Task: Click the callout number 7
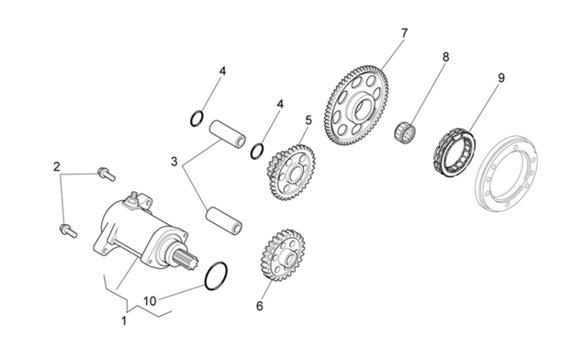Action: tap(404, 33)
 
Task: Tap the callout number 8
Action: tap(445, 57)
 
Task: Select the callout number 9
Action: tap(501, 78)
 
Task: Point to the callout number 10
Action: tap(150, 301)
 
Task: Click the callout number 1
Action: tap(124, 321)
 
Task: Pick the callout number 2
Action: tap(57, 166)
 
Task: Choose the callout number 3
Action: tap(174, 162)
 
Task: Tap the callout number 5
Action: tap(308, 120)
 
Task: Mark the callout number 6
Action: tap(260, 306)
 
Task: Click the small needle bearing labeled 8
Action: tap(405, 130)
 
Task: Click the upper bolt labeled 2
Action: tap(107, 174)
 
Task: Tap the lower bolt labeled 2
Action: tap(68, 231)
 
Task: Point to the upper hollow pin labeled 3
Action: tap(227, 134)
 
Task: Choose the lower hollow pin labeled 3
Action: tap(224, 220)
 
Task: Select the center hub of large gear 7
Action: tap(359, 107)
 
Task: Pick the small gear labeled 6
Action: tap(283, 255)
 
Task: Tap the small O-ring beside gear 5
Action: tap(257, 151)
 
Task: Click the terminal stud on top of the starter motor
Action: tap(133, 197)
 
